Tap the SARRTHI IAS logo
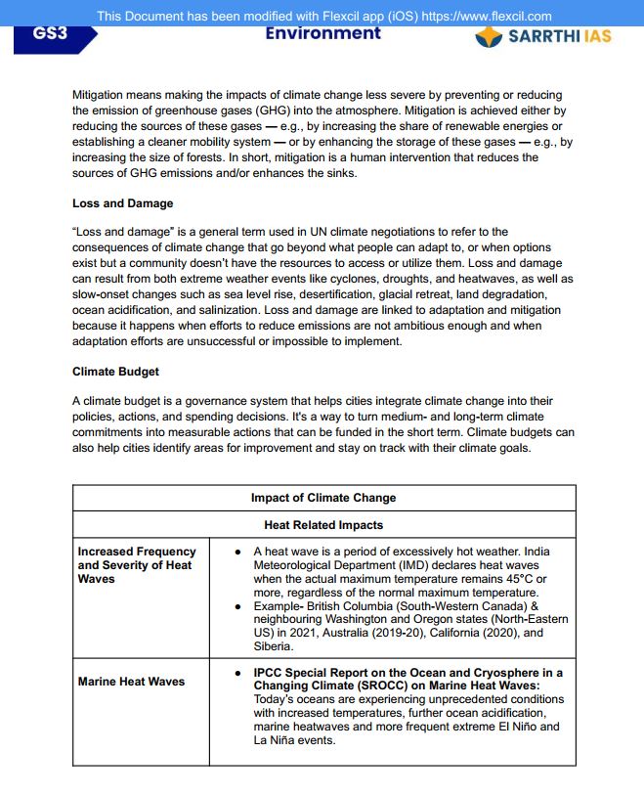tap(543, 36)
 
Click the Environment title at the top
tap(322, 33)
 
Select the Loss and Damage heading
tap(123, 203)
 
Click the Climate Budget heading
tap(115, 372)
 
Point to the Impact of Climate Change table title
tap(323, 498)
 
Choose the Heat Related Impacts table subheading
tap(323, 525)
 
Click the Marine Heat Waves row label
tap(131, 682)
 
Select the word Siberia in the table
tap(273, 646)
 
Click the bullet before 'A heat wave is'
tap(239, 553)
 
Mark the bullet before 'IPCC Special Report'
tap(239, 674)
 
